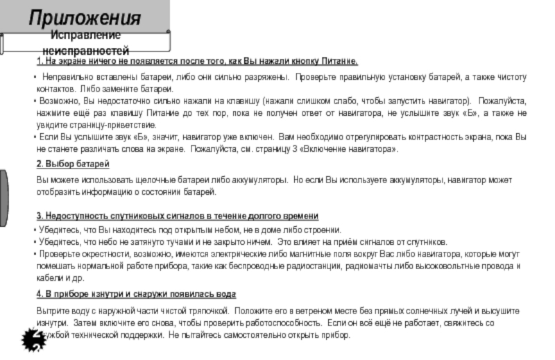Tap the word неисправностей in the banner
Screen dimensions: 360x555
(x=85, y=51)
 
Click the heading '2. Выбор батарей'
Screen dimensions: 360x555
(x=73, y=164)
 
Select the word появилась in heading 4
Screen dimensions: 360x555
(x=191, y=294)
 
